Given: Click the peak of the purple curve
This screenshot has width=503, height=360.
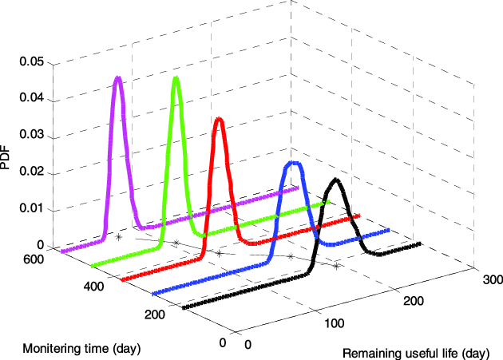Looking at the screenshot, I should pyautogui.click(x=118, y=77).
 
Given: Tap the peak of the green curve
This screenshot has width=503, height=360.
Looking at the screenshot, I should pyautogui.click(x=176, y=78).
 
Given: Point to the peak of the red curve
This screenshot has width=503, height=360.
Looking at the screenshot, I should pyautogui.click(x=219, y=120).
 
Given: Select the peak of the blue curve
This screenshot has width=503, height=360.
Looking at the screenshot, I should pyautogui.click(x=294, y=163).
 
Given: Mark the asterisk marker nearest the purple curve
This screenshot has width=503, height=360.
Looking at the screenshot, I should pyautogui.click(x=118, y=237).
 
